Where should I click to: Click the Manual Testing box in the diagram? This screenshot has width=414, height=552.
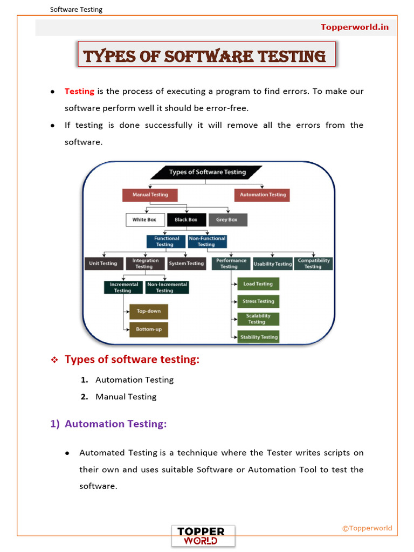[150, 195]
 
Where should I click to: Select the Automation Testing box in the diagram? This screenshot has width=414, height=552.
[263, 195]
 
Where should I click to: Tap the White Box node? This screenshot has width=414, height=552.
[144, 220]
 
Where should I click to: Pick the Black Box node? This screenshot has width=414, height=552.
[186, 220]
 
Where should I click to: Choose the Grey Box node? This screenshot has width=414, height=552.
[227, 220]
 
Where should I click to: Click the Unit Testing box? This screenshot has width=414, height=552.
[103, 264]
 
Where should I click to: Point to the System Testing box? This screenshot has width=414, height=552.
[187, 264]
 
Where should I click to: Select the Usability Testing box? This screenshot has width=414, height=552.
[273, 264]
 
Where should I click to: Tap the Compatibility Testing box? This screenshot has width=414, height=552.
[313, 264]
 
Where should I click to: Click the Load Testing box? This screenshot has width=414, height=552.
[258, 284]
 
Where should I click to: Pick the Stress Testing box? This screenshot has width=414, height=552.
[258, 301]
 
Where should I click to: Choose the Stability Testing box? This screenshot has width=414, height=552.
[259, 337]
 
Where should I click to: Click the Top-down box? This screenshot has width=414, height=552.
[149, 312]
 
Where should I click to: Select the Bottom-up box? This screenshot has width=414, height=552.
[149, 329]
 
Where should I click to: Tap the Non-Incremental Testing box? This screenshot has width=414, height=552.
[167, 287]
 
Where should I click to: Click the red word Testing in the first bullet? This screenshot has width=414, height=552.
[79, 91]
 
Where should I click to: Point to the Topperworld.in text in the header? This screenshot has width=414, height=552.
[355, 27]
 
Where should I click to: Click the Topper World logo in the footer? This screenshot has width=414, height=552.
[203, 536]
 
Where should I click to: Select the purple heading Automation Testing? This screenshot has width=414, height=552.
[115, 424]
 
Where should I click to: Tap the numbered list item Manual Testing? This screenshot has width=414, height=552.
[126, 397]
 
